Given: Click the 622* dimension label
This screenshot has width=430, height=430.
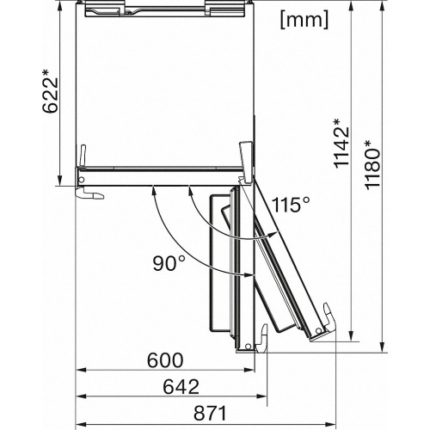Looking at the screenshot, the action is click(x=51, y=92).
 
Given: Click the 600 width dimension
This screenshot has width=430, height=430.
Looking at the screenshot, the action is click(x=165, y=360).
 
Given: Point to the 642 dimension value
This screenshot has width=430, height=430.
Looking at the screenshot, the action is click(x=181, y=387).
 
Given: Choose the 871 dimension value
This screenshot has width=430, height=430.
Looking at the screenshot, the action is click(x=210, y=414).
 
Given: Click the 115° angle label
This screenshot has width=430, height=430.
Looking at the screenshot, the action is click(x=291, y=205).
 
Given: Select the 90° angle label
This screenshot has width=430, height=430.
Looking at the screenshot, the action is click(x=169, y=263).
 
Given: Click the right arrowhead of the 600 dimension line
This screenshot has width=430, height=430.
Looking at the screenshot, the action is click(x=249, y=370).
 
